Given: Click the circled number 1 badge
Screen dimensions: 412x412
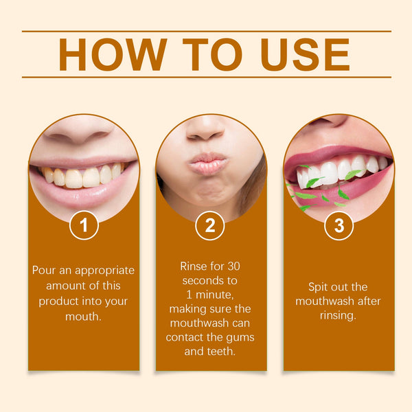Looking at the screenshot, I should pos(84,225).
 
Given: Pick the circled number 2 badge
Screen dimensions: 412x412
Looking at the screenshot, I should pos(210,225).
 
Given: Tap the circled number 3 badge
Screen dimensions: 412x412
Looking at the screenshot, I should pos(339,225).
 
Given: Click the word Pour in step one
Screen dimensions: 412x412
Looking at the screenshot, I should pos(45,270).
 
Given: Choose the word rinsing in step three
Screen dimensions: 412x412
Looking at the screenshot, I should pos(338,316).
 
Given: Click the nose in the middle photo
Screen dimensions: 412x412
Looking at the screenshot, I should pos(206,129).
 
